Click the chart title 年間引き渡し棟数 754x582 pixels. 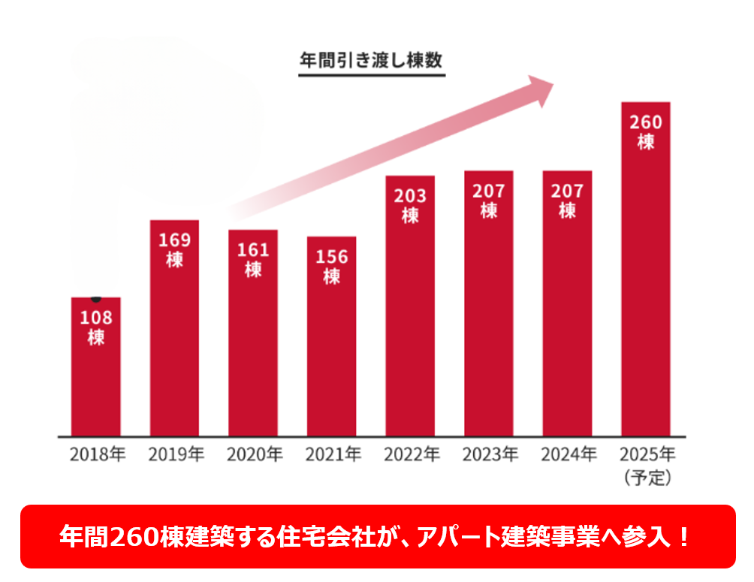point(372,59)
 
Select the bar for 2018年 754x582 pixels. point(96,375)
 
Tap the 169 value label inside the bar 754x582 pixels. point(175,240)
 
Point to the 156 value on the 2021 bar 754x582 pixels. point(331,257)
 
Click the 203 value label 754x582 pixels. point(410,196)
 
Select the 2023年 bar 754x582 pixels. point(488,315)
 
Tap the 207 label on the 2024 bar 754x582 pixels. point(567,191)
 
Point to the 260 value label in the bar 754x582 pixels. point(645,122)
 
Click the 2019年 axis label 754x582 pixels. point(175,454)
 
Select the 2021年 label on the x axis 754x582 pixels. point(331,454)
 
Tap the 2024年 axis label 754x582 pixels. point(567,454)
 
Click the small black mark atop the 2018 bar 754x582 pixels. point(96,299)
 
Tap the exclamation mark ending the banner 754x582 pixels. point(683,537)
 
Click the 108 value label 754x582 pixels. point(96,318)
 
